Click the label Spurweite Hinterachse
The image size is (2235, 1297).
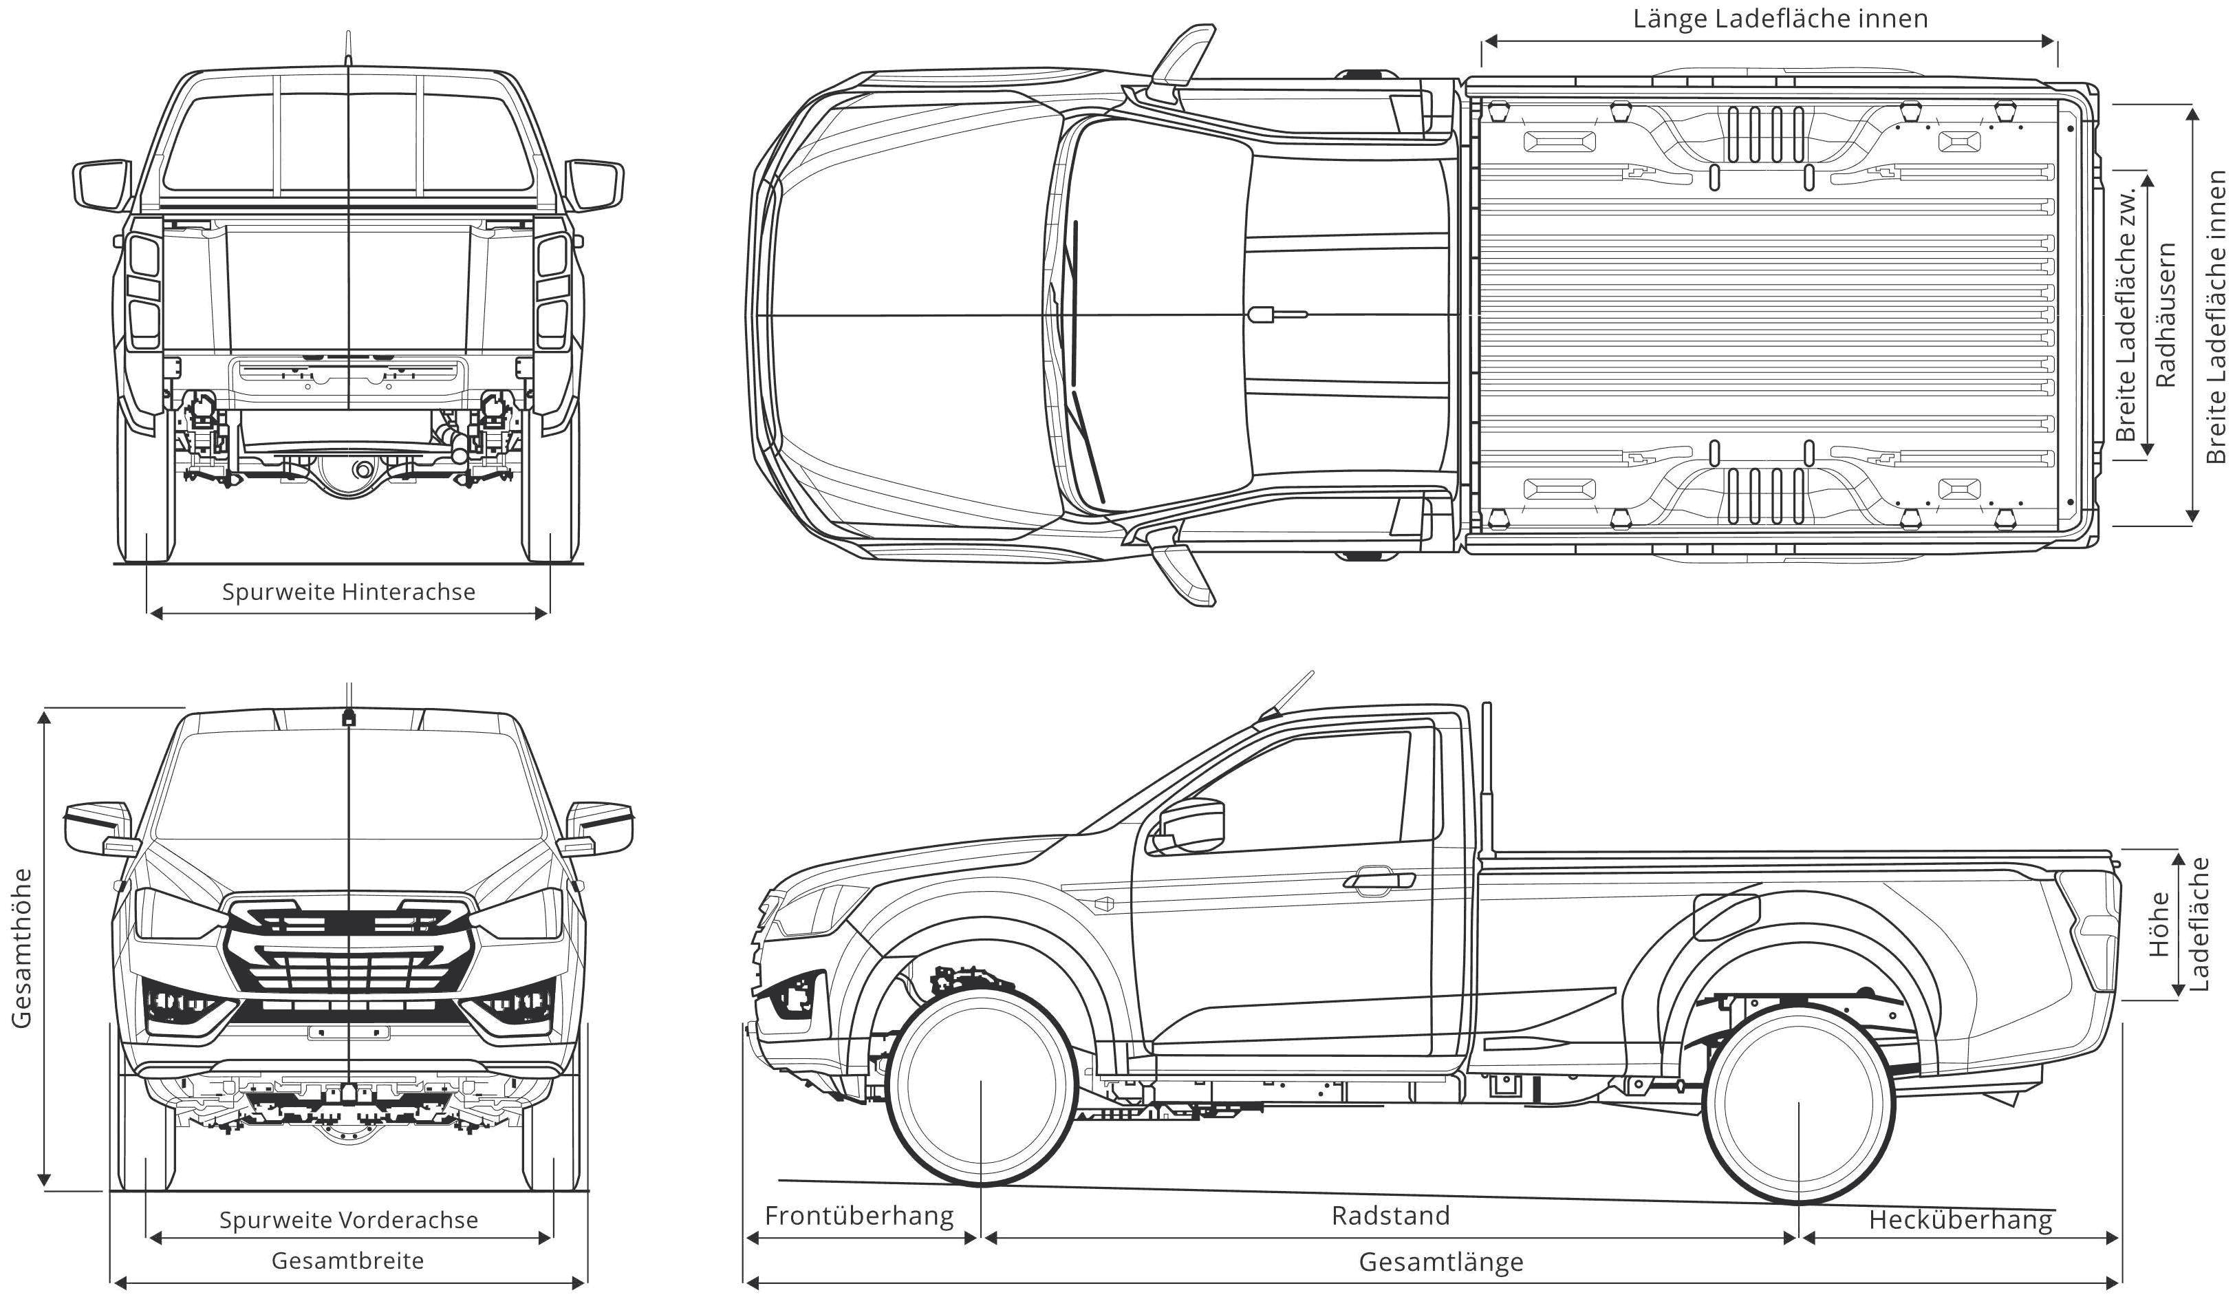(x=349, y=592)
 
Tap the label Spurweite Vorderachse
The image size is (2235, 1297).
(x=349, y=1220)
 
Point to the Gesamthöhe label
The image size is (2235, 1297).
(x=21, y=948)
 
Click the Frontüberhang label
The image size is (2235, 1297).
(x=859, y=1215)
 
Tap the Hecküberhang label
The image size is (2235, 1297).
(x=1960, y=1221)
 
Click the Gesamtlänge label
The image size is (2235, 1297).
(x=1440, y=1261)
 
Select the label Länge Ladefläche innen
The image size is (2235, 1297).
(x=1780, y=19)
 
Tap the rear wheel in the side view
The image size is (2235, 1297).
(x=1797, y=1103)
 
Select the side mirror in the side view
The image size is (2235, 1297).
(x=1189, y=826)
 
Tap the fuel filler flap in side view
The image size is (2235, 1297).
(x=1726, y=917)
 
